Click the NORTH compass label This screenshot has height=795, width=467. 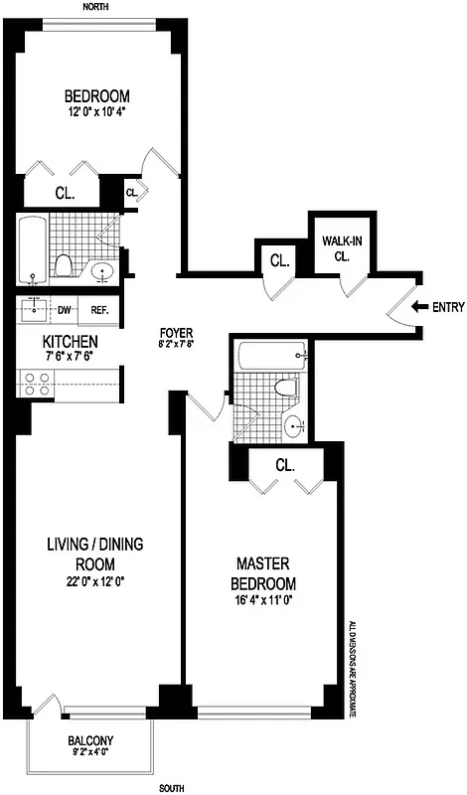(x=95, y=6)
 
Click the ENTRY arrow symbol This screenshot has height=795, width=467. (x=418, y=307)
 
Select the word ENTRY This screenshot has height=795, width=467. (x=448, y=307)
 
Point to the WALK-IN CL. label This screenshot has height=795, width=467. (x=338, y=248)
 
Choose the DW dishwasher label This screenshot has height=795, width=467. (x=64, y=310)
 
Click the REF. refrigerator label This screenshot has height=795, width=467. (x=99, y=310)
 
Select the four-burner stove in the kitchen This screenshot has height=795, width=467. (x=38, y=384)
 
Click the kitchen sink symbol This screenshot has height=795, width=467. (x=34, y=310)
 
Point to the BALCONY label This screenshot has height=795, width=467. (x=89, y=740)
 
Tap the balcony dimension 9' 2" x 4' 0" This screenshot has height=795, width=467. (x=89, y=754)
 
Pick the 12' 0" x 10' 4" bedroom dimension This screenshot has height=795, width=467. (x=96, y=112)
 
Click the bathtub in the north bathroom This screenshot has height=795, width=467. (x=33, y=248)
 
